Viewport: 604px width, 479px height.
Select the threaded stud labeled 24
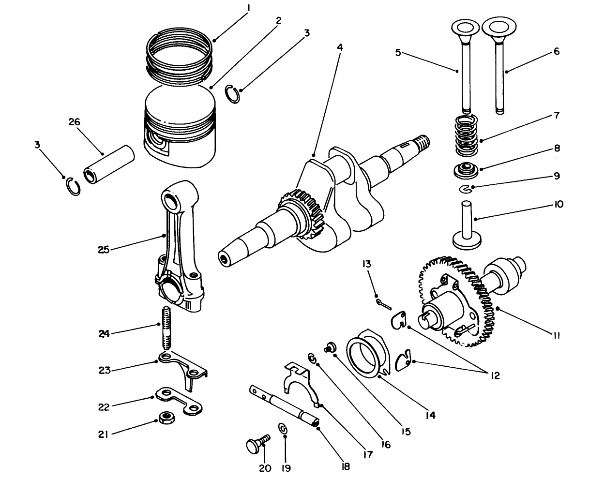click(166, 329)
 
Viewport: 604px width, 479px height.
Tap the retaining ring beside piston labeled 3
click(233, 94)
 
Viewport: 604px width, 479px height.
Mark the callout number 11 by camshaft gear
click(556, 335)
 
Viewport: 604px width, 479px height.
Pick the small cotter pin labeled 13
click(382, 303)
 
